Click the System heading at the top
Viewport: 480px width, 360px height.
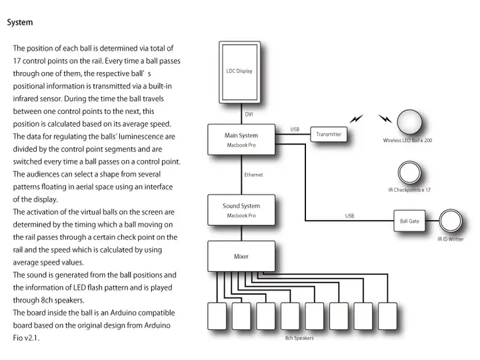[20, 22]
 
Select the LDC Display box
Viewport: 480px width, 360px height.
[239, 71]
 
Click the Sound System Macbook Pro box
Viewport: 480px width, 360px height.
[241, 210]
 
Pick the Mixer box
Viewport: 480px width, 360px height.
[241, 257]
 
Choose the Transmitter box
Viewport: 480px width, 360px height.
[329, 135]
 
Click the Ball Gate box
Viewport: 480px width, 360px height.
[409, 221]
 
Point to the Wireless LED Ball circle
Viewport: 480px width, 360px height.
[409, 122]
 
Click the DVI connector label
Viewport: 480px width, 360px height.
[249, 115]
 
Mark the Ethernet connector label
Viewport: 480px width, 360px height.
[253, 175]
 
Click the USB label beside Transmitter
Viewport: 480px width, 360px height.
[295, 129]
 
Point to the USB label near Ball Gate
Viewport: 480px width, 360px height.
[349, 215]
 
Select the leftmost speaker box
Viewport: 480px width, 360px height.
[218, 317]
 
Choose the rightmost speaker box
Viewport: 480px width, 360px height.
[387, 317]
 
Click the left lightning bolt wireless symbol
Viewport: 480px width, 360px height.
[357, 119]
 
